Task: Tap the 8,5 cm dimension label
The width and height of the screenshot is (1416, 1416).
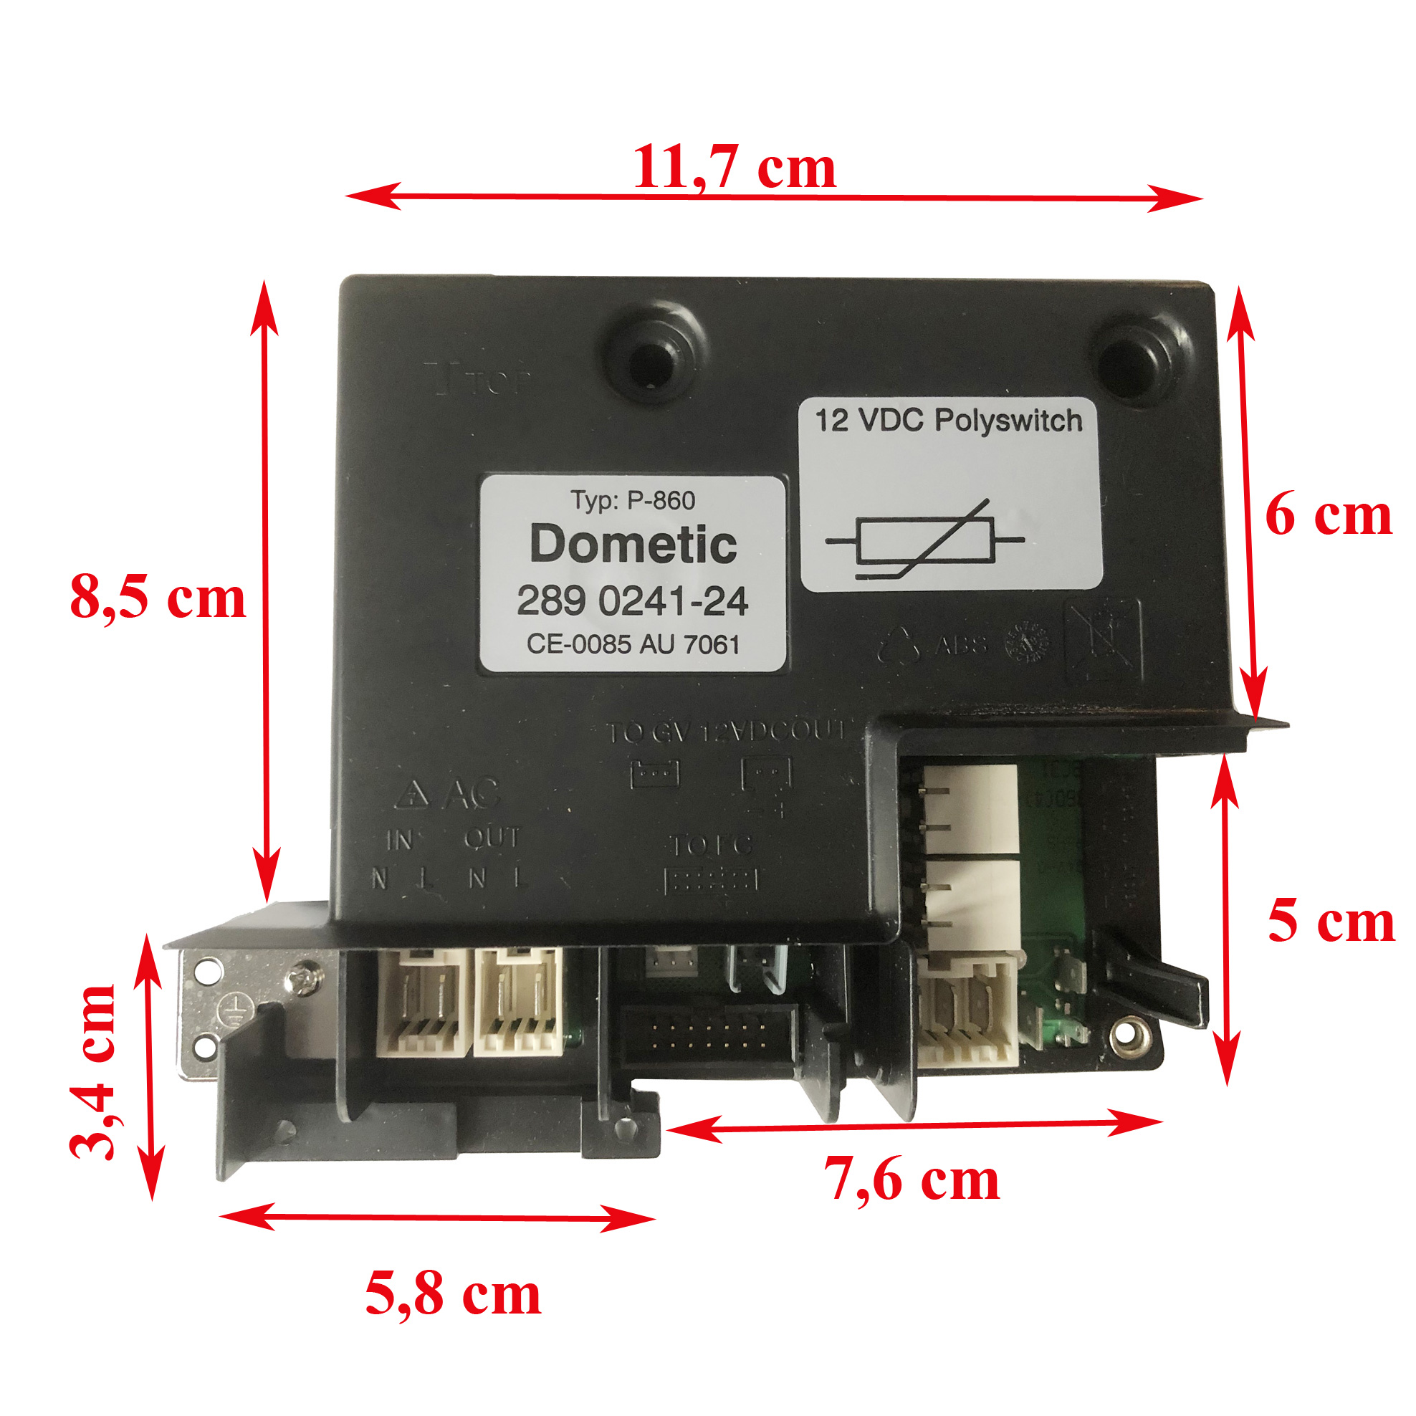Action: tap(158, 598)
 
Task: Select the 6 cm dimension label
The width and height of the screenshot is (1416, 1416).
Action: tap(1328, 515)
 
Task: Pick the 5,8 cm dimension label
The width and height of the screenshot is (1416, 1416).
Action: tap(453, 1295)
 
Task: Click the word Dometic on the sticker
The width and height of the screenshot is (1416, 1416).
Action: tap(633, 545)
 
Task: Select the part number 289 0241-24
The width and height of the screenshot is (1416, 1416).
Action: tap(633, 601)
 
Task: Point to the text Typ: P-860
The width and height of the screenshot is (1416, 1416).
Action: tap(633, 501)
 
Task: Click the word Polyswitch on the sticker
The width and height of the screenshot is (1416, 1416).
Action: tap(1008, 421)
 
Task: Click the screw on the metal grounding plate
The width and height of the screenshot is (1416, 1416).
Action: tap(302, 977)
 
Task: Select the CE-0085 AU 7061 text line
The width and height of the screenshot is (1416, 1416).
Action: tap(633, 644)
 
